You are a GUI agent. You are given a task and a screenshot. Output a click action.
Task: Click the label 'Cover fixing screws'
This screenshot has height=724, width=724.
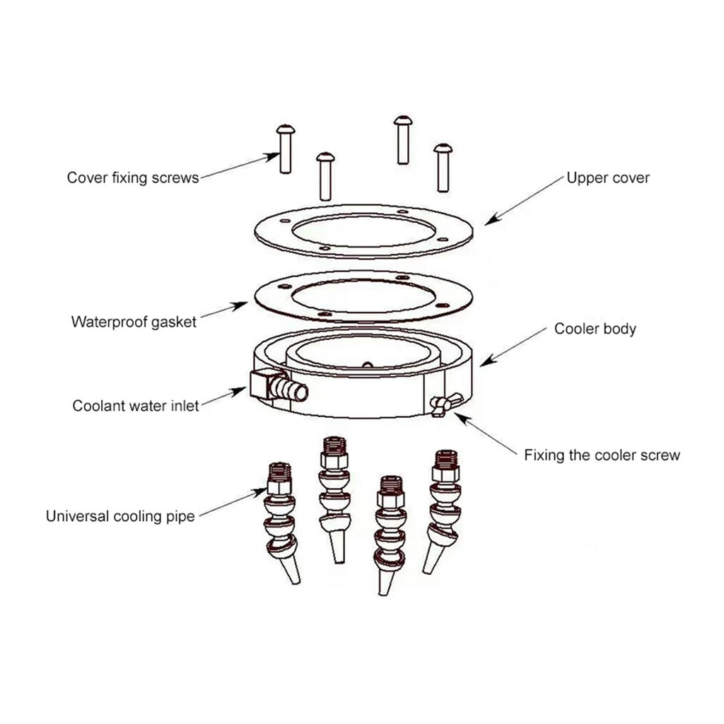[x=133, y=177]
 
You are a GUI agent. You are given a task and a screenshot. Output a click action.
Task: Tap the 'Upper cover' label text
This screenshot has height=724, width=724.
[x=607, y=177]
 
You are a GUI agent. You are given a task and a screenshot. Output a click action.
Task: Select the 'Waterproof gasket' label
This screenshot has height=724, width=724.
[x=134, y=322]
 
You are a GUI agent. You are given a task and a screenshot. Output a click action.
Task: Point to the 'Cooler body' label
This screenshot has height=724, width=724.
[x=595, y=329]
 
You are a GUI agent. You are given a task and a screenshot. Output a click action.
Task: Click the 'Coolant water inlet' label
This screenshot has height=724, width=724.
[x=136, y=406]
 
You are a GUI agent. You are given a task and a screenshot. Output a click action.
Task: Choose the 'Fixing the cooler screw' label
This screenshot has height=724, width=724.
[x=602, y=455]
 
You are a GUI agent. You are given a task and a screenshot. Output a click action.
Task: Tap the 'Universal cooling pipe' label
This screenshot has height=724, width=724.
[x=120, y=516]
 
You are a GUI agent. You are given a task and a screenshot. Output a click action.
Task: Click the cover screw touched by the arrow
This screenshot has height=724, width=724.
[x=286, y=148]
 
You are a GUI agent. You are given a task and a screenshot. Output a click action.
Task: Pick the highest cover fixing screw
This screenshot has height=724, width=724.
[x=403, y=140]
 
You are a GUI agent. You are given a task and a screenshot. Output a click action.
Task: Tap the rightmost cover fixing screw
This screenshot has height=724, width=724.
[x=443, y=168]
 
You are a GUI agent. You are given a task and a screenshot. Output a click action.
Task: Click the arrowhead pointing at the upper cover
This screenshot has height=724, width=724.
[x=492, y=219]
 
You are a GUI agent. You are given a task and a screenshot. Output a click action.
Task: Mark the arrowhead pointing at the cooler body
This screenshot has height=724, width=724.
[x=488, y=360]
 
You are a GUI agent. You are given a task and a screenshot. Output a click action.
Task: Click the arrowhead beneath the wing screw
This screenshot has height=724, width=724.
[x=462, y=419]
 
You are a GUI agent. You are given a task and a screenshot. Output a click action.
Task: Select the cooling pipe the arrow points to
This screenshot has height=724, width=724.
[x=281, y=522]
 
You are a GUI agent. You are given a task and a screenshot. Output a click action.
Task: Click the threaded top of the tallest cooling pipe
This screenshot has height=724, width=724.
[x=334, y=445]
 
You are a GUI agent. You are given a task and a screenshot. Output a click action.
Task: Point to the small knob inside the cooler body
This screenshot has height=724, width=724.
[x=367, y=365]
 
